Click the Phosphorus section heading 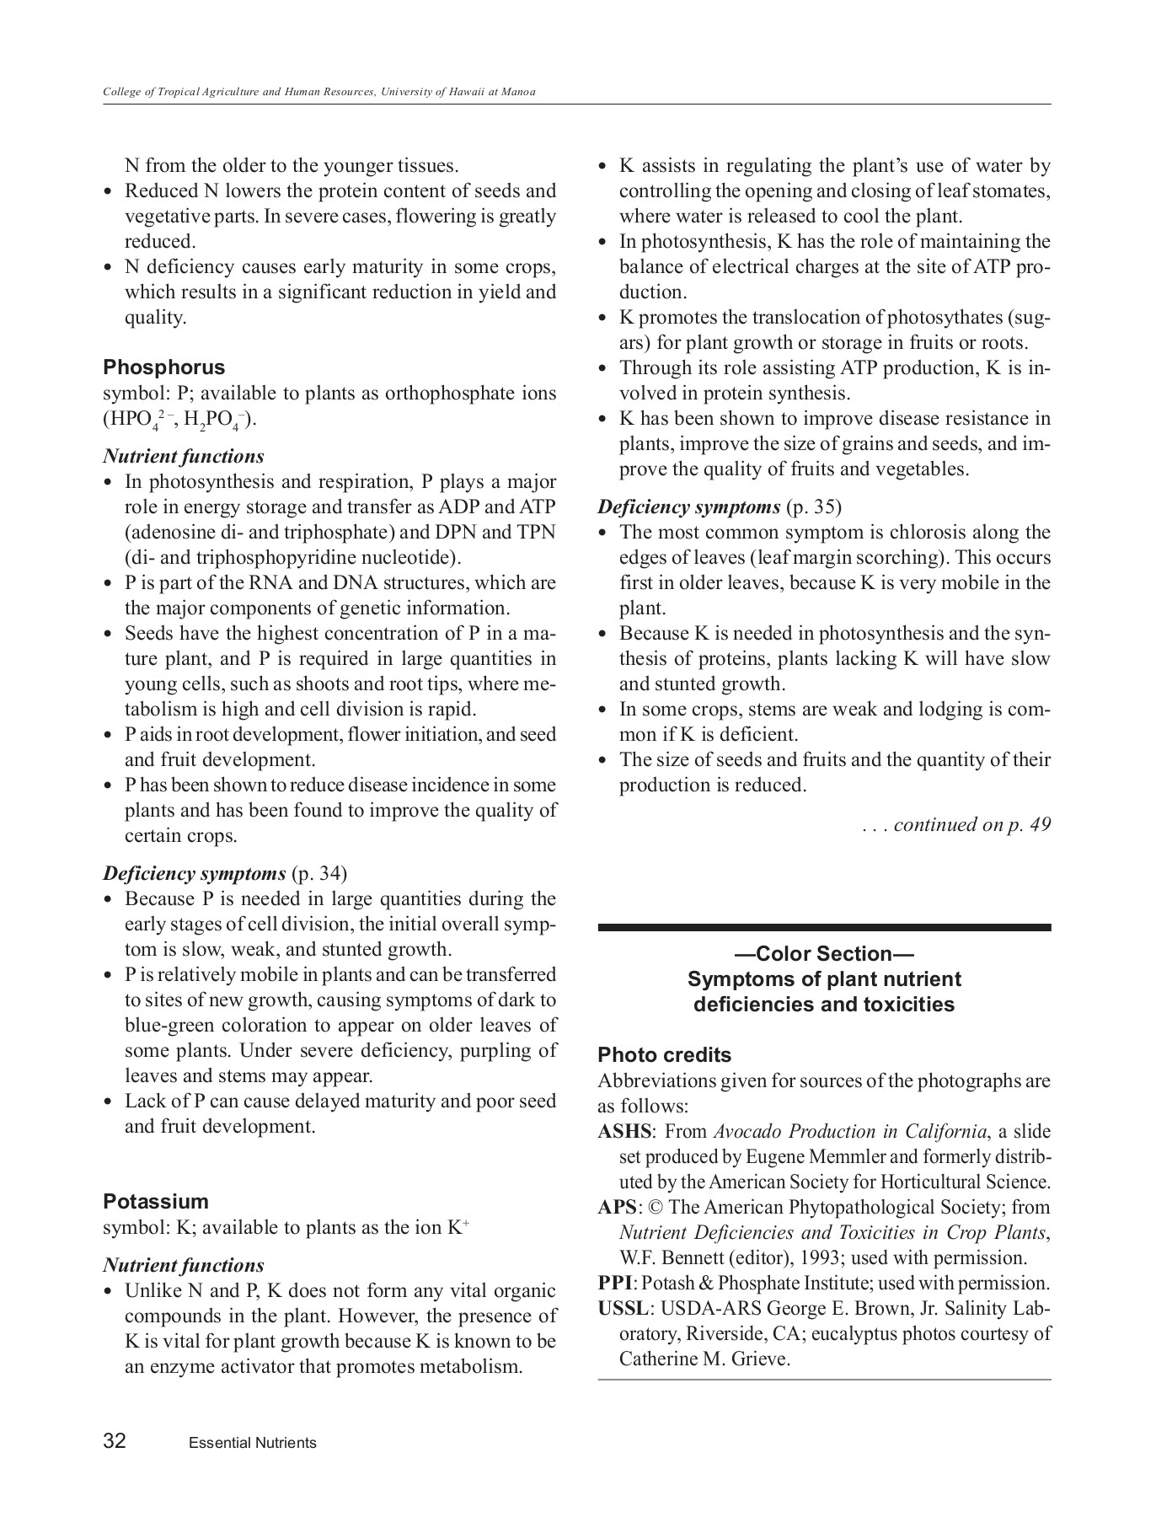click(x=164, y=367)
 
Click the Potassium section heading click(x=156, y=1202)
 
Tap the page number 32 click(x=115, y=1441)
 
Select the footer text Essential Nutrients click(x=253, y=1443)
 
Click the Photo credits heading click(x=664, y=1055)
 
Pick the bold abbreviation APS click(x=617, y=1208)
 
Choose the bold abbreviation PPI click(x=614, y=1284)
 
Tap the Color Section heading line click(x=824, y=954)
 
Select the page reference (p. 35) click(x=814, y=507)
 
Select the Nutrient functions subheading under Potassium click(x=184, y=1266)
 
